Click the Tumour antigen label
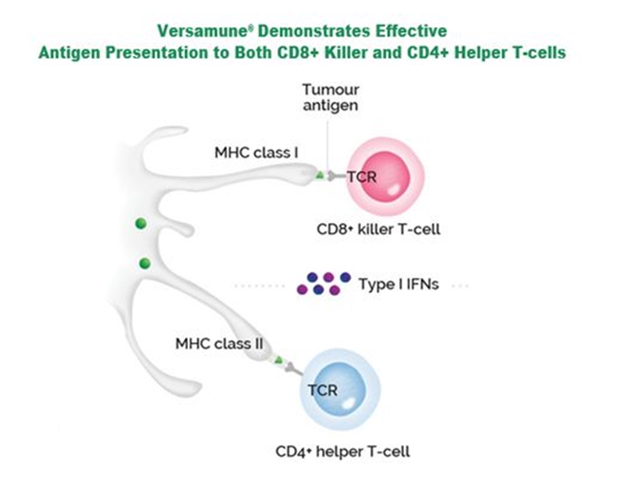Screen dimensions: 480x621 click(330, 97)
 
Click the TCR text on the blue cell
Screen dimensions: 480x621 click(323, 390)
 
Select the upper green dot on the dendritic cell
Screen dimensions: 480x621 click(140, 224)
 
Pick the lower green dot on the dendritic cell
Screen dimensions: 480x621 click(145, 263)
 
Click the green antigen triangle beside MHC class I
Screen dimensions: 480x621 click(319, 175)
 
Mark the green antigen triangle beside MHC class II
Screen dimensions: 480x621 click(278, 360)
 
